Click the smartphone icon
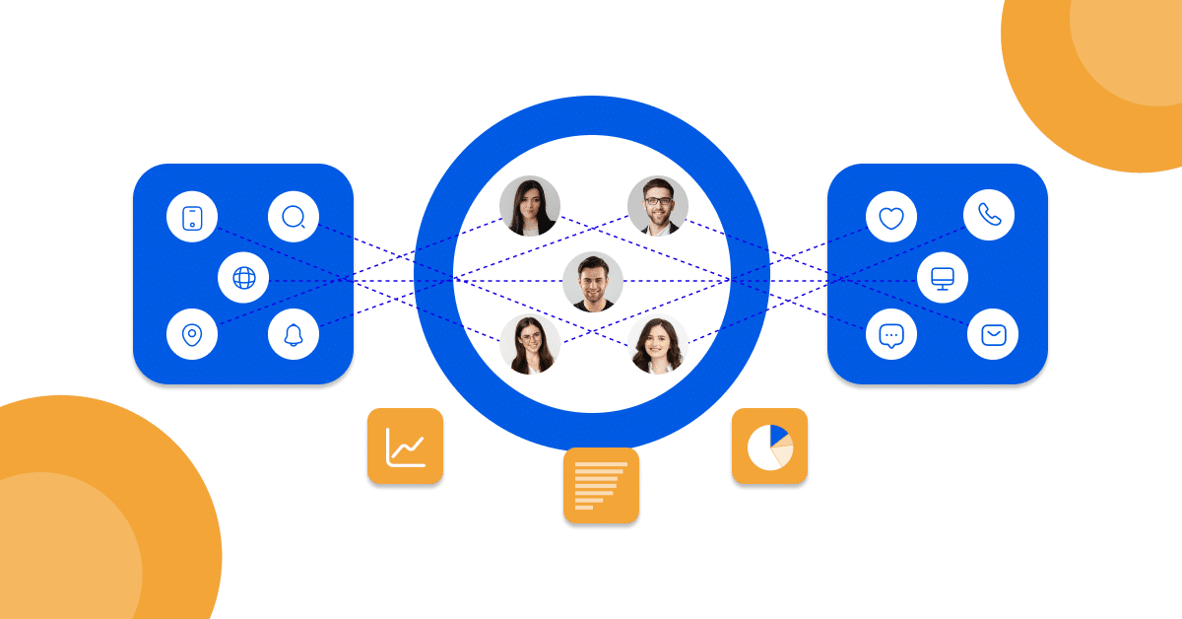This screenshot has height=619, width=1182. (192, 218)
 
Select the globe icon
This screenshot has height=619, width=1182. (243, 278)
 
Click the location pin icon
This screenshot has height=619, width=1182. (192, 335)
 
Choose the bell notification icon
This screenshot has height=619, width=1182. (294, 335)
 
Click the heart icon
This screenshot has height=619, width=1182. (890, 218)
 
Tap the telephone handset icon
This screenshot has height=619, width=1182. (989, 215)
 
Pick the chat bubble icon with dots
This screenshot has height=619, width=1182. (890, 335)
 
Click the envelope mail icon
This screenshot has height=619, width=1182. (993, 335)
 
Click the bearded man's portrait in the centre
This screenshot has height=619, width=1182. (593, 282)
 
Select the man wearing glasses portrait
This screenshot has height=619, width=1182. (657, 206)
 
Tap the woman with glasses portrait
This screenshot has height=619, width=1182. (530, 344)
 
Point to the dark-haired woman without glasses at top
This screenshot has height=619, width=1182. (530, 206)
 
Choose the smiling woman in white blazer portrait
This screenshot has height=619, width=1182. (657, 344)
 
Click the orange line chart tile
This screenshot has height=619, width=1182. (405, 447)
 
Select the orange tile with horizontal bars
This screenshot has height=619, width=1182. (601, 485)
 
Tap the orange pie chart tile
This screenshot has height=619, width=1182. (769, 447)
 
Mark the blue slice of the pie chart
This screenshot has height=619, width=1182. (778, 435)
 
